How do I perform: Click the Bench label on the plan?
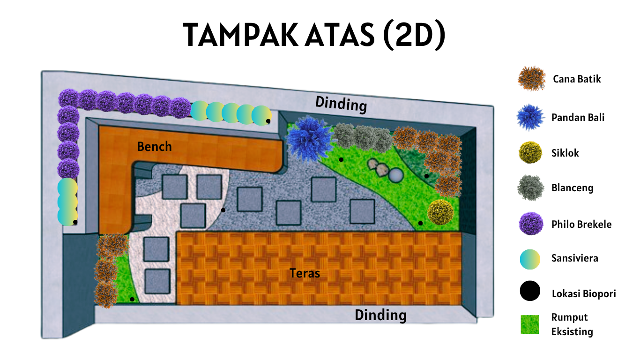click(154, 147)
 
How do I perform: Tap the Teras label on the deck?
click(305, 273)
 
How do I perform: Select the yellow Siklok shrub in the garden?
click(440, 212)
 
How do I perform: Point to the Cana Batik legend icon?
click(531, 79)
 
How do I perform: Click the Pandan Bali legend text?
click(578, 117)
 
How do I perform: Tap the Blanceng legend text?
click(572, 188)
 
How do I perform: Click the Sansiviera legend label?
click(574, 258)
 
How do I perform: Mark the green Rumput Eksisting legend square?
click(530, 324)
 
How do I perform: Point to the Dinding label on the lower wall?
click(380, 315)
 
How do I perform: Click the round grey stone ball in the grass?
click(396, 175)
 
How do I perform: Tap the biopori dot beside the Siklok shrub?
click(421, 223)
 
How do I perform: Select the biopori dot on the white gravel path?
click(223, 210)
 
